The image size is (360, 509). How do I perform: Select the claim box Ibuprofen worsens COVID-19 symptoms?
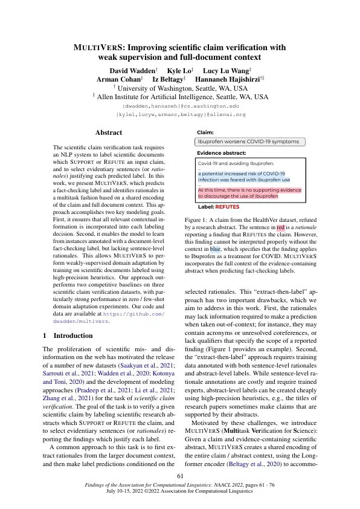[248, 141]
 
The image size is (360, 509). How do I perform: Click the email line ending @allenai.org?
[180, 114]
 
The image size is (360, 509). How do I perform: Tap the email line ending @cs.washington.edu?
[180, 105]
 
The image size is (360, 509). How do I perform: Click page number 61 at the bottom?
[179, 476]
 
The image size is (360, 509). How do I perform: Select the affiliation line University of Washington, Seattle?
[180, 88]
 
